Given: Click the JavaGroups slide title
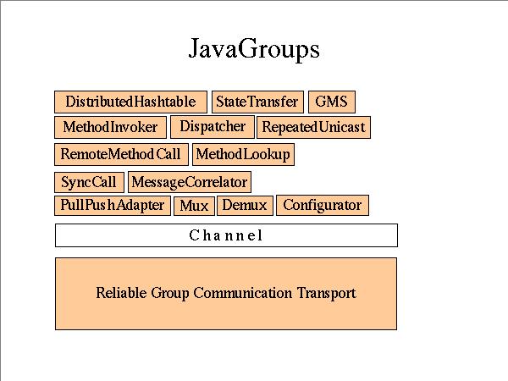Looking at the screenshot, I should (254, 48).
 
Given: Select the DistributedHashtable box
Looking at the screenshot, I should (130, 102).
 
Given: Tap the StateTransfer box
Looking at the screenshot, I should (257, 102).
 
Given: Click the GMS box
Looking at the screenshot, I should (331, 102).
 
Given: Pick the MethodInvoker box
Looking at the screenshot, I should (110, 127).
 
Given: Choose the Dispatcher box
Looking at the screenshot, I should (213, 126).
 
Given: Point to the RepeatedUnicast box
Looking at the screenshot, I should (313, 127).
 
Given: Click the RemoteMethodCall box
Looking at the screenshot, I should (121, 154).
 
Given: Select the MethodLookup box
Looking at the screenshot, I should (243, 154).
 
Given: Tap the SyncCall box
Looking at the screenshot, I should (89, 182).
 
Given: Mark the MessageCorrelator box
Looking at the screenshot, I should (190, 182).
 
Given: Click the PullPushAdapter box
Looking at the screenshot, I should (113, 205).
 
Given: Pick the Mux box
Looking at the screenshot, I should (194, 206).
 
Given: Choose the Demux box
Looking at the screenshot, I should (245, 205).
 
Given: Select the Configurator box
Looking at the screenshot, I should (322, 205).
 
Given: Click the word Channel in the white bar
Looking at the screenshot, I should (226, 235).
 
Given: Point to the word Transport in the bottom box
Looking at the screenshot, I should (326, 294).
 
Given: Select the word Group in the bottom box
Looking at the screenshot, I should (169, 294).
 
